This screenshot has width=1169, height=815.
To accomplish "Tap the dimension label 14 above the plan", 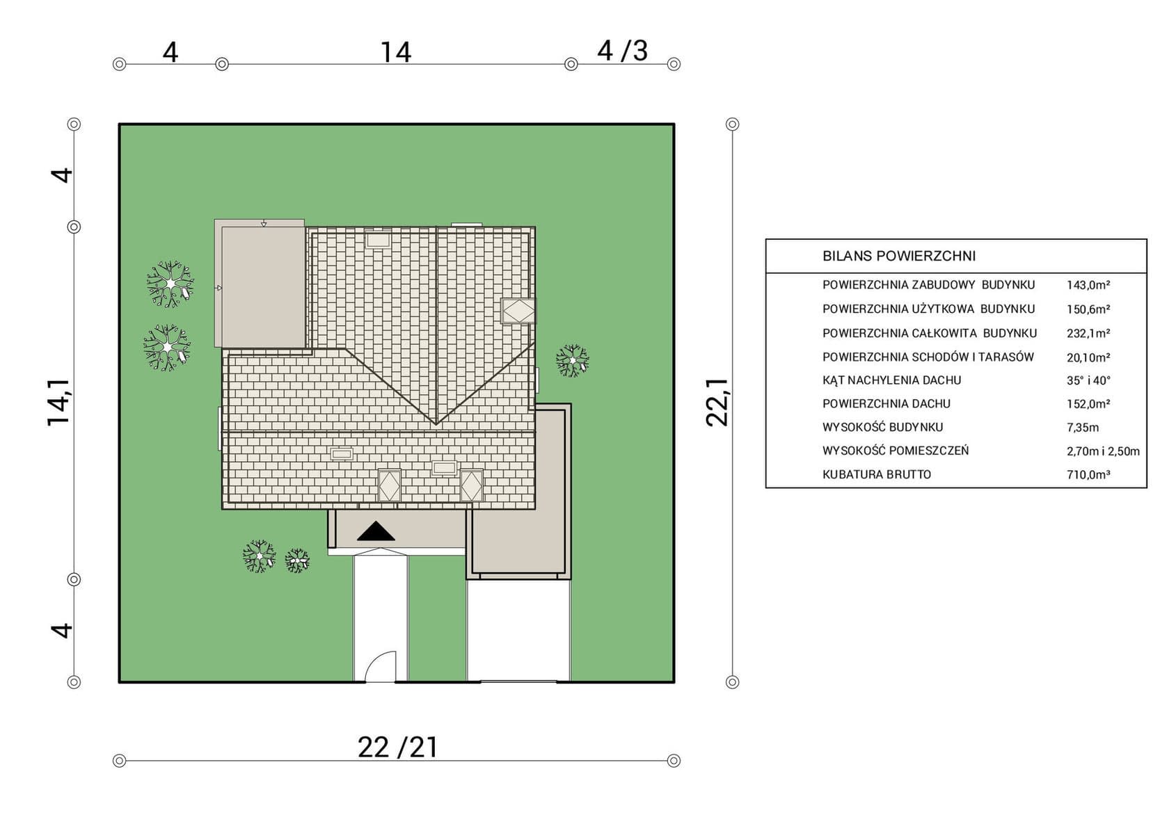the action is pos(395,53).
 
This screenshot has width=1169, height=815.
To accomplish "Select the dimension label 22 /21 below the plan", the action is pos(398,748).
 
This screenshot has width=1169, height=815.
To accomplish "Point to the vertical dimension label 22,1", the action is pos(717,403).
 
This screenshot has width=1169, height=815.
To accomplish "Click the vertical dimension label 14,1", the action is pos(58,403).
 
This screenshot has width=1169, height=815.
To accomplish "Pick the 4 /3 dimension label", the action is pos(622,51).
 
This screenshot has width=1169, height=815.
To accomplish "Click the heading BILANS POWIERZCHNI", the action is pos(899,256).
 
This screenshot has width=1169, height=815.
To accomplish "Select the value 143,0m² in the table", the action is pos(1088,285).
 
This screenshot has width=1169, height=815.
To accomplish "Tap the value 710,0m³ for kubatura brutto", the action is pos(1088,475).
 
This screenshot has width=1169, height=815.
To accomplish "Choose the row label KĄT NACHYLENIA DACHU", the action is pos(891,380).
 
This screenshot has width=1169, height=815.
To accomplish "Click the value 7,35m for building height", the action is pos(1083,428).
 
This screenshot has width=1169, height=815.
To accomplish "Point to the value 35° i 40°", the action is pos(1088,380).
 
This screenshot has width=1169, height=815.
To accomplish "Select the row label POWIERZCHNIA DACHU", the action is pos(886,404).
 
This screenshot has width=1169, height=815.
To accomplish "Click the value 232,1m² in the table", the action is pos(1088,334).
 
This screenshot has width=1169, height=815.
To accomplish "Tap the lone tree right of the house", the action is pos(572,360).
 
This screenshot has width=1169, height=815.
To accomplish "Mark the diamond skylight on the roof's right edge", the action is pos(518,312).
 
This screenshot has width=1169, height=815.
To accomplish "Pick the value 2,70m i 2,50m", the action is pos(1103,451).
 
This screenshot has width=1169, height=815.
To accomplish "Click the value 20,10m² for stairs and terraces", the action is pos(1088,357).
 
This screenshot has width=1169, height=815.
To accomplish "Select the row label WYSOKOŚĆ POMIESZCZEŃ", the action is pos(896,451).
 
